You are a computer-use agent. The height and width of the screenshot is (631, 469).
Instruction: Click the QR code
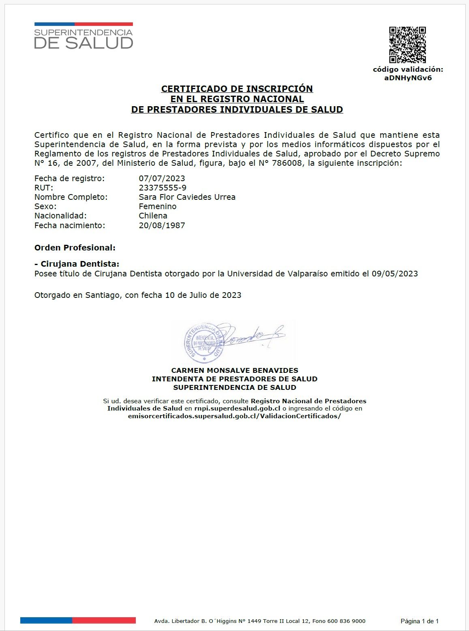click(407, 45)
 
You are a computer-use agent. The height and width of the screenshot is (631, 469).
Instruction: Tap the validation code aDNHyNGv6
click(408, 78)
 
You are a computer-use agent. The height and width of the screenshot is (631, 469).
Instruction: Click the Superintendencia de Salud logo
click(84, 36)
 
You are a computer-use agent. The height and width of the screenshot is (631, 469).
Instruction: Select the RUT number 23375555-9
click(163, 188)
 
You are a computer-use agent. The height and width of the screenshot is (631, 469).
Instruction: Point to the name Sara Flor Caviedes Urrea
click(187, 197)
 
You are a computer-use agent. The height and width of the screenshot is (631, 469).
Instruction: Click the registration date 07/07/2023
click(162, 178)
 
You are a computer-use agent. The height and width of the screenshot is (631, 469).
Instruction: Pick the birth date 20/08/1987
click(162, 225)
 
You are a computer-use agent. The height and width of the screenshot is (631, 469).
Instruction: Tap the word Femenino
click(157, 206)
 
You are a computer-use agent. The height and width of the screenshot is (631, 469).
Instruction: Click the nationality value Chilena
click(153, 216)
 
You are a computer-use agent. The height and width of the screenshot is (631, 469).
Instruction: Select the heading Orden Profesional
click(75, 248)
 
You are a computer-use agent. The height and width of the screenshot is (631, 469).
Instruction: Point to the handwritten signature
click(251, 335)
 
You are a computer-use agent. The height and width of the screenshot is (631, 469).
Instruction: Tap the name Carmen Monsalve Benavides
click(235, 370)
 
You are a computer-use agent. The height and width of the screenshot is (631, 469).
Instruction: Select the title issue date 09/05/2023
click(395, 274)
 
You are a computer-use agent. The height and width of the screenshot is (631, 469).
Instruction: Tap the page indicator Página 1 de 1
click(420, 621)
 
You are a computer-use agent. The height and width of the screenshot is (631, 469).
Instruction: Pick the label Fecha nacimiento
click(70, 225)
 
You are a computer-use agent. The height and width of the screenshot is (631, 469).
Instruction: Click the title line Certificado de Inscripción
click(237, 89)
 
